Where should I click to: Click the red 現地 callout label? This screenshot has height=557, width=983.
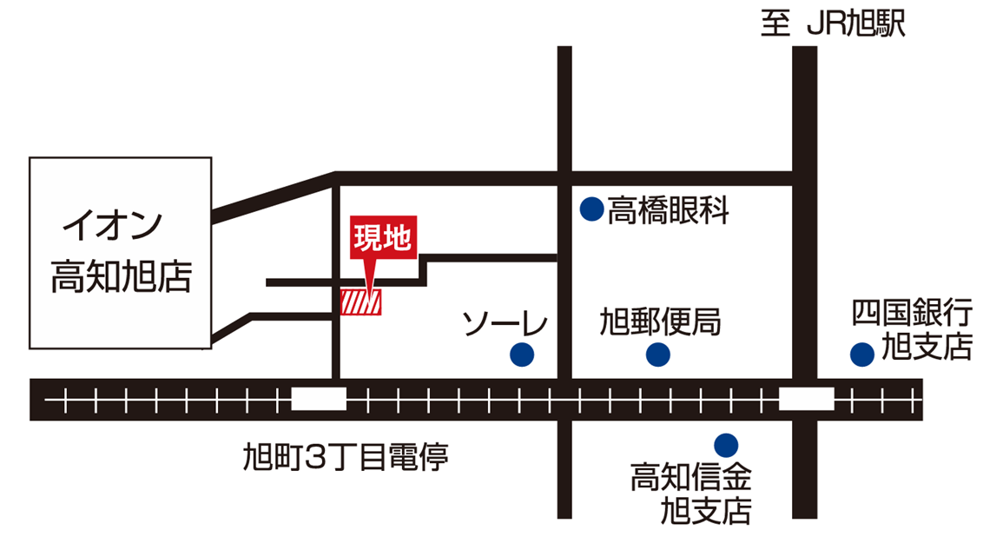[383, 237]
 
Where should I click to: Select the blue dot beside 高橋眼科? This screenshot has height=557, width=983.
[591, 209]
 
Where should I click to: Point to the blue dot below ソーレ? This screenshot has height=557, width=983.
[521, 354]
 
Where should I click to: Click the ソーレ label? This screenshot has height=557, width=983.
[505, 323]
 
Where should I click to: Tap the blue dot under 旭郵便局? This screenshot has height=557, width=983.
[658, 354]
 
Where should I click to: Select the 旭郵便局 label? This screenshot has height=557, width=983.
[660, 323]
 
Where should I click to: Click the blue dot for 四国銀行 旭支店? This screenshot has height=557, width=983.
[861, 354]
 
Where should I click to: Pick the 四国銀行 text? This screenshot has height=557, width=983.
[911, 312]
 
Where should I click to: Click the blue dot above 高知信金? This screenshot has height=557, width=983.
[725, 445]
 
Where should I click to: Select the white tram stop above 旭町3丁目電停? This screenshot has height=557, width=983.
[319, 400]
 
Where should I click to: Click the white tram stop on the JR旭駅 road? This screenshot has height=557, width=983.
[806, 400]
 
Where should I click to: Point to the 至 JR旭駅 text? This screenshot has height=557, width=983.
[833, 23]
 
